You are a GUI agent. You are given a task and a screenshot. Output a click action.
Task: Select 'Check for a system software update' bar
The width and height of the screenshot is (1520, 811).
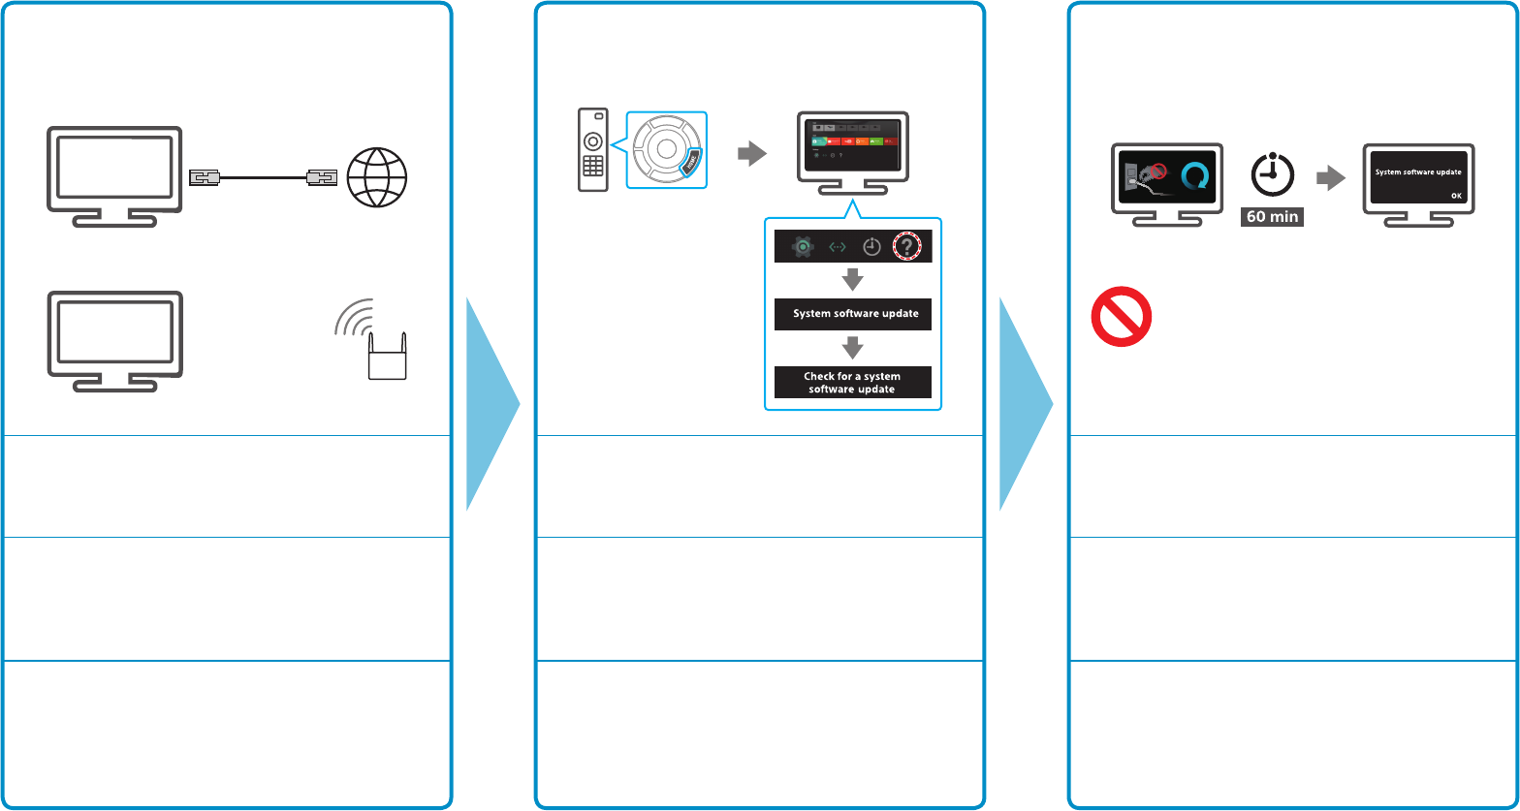pyautogui.click(x=852, y=382)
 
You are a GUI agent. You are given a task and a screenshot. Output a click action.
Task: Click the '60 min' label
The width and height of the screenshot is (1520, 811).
pyautogui.click(x=1272, y=216)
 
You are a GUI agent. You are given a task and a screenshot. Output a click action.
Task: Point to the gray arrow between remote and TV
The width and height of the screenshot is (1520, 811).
pyautogui.click(x=750, y=151)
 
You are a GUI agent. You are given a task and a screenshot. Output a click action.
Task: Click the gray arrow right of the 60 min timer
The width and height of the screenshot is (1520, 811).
pyautogui.click(x=1331, y=177)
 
